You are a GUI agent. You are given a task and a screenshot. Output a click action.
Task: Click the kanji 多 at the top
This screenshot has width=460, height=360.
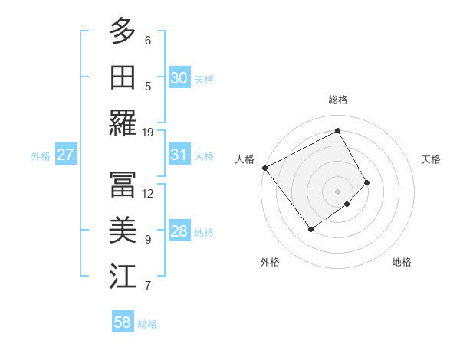point(122,31)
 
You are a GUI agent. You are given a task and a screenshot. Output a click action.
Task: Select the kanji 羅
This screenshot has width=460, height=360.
point(122,123)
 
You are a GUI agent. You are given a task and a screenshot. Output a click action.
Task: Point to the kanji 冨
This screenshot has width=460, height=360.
point(122,184)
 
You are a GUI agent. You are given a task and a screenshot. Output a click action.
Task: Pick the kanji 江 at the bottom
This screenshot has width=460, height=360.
point(122,276)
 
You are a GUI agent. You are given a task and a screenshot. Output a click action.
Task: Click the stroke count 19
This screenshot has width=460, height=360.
point(148,132)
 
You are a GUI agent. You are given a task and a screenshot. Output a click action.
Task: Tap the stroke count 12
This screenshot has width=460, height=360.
point(148,193)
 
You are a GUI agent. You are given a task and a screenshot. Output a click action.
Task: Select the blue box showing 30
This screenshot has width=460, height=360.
point(179,77)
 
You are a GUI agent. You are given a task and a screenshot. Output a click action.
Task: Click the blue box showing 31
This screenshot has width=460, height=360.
point(179,155)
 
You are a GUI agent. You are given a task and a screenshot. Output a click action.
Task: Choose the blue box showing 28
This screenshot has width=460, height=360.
point(179,231)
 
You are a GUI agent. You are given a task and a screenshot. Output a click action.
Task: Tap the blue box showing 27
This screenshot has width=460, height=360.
point(65,155)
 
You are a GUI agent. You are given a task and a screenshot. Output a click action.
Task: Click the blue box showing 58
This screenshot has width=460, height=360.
point(122,322)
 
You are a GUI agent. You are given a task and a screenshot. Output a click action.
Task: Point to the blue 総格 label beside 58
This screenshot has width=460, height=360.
point(147,324)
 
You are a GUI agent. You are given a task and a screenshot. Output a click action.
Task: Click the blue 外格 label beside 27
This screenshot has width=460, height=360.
point(41,155)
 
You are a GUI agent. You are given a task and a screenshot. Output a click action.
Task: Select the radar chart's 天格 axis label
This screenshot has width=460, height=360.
point(431,159)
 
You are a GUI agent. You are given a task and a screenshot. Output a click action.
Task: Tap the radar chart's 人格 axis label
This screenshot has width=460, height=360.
point(245,159)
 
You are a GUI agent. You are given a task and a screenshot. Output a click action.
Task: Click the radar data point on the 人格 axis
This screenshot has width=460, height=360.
point(264,168)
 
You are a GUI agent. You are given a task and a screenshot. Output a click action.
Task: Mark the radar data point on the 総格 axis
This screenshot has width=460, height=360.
point(337,130)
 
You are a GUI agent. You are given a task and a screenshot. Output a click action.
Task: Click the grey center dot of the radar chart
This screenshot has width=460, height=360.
point(337,191)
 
